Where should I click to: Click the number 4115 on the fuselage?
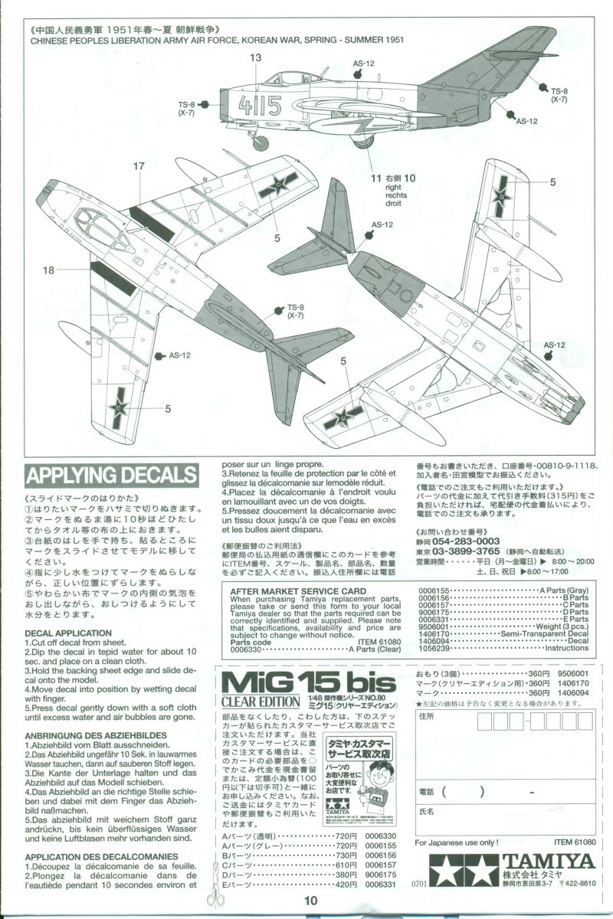pos(261,105)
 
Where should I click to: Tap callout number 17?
pos(138,166)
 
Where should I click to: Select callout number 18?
pos(49,270)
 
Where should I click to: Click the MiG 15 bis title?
pos(306,682)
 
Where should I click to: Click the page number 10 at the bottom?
pos(310,901)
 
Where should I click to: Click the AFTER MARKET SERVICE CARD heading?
pos(298,591)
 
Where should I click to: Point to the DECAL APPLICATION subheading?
pos(68,633)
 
